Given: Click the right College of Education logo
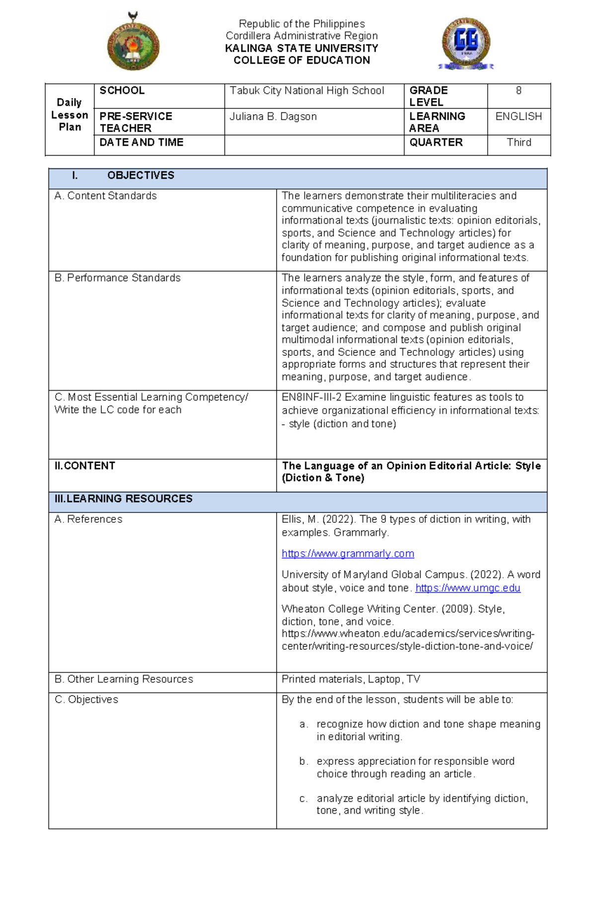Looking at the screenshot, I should tap(466, 44).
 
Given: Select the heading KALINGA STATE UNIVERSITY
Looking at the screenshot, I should tap(301, 48).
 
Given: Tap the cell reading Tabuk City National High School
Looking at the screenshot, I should tap(307, 90).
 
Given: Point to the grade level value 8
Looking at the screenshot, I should tap(519, 90).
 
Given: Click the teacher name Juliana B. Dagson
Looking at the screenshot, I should tap(273, 116).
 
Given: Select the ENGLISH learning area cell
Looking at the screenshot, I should tap(519, 116).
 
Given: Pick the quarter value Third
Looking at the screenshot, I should tap(519, 142).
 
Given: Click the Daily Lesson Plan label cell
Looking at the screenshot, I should tap(70, 115).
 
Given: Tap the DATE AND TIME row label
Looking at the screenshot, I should tap(142, 142).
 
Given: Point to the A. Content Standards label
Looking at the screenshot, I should tap(106, 196).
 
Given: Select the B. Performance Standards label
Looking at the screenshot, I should tap(118, 278).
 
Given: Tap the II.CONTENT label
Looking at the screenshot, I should tap(85, 466).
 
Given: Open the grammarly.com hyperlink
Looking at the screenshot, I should tap(348, 554).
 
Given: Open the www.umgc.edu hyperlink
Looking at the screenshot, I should tap(467, 588).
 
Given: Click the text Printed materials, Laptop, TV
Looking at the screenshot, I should tap(351, 679).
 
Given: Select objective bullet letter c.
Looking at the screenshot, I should tap(303, 799).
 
